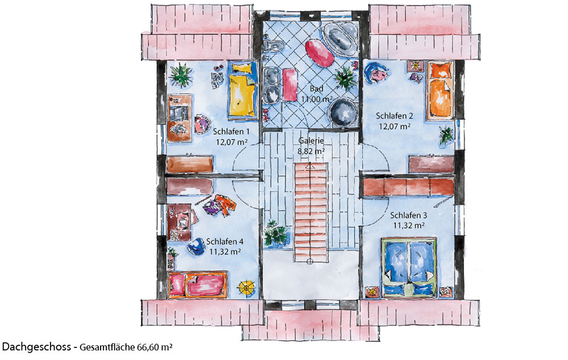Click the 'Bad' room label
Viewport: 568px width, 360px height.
click(x=316, y=89)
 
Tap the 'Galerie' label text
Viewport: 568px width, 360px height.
click(x=311, y=140)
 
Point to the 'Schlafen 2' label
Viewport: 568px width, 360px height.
click(x=394, y=116)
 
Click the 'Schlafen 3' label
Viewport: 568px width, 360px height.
click(x=408, y=215)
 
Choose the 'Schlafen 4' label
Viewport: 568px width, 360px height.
click(x=224, y=241)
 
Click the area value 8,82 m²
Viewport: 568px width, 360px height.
click(x=311, y=151)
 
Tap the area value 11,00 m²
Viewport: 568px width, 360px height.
click(x=316, y=98)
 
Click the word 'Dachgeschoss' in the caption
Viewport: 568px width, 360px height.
click(x=36, y=347)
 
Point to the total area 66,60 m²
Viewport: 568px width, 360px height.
click(x=154, y=348)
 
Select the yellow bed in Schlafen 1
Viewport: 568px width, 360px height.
click(x=243, y=90)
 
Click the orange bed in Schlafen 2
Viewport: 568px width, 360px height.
click(x=441, y=90)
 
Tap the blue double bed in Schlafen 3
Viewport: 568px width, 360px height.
click(x=410, y=267)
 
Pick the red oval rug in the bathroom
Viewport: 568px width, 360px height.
click(x=319, y=53)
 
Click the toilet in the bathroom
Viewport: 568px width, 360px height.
click(x=274, y=46)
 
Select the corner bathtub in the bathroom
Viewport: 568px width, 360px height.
click(x=340, y=38)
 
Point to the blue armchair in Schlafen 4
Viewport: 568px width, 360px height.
click(x=196, y=246)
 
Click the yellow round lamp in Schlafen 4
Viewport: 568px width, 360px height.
click(x=247, y=287)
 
